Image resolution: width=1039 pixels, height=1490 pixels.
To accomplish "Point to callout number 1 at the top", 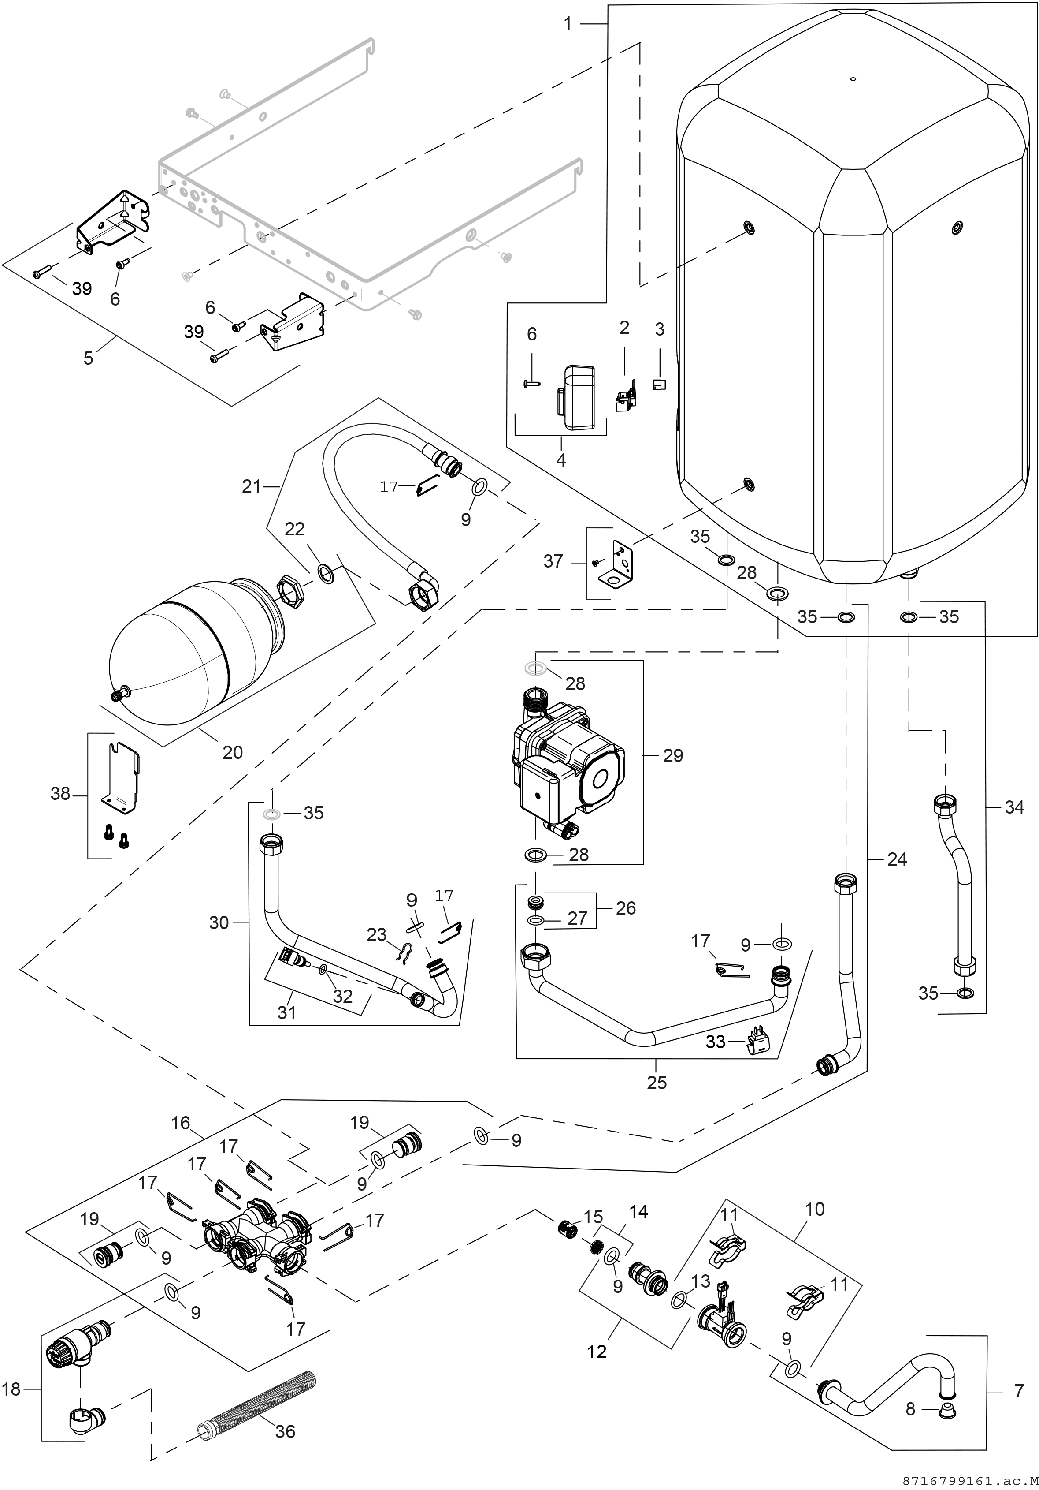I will point(568,24).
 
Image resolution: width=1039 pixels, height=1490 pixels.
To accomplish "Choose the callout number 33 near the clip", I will point(716,1041).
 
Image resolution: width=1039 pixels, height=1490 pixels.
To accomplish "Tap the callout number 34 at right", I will point(1014,807).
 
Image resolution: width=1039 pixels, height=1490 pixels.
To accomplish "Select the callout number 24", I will point(897,859).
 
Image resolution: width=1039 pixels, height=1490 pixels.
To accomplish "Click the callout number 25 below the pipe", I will point(657,1083).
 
